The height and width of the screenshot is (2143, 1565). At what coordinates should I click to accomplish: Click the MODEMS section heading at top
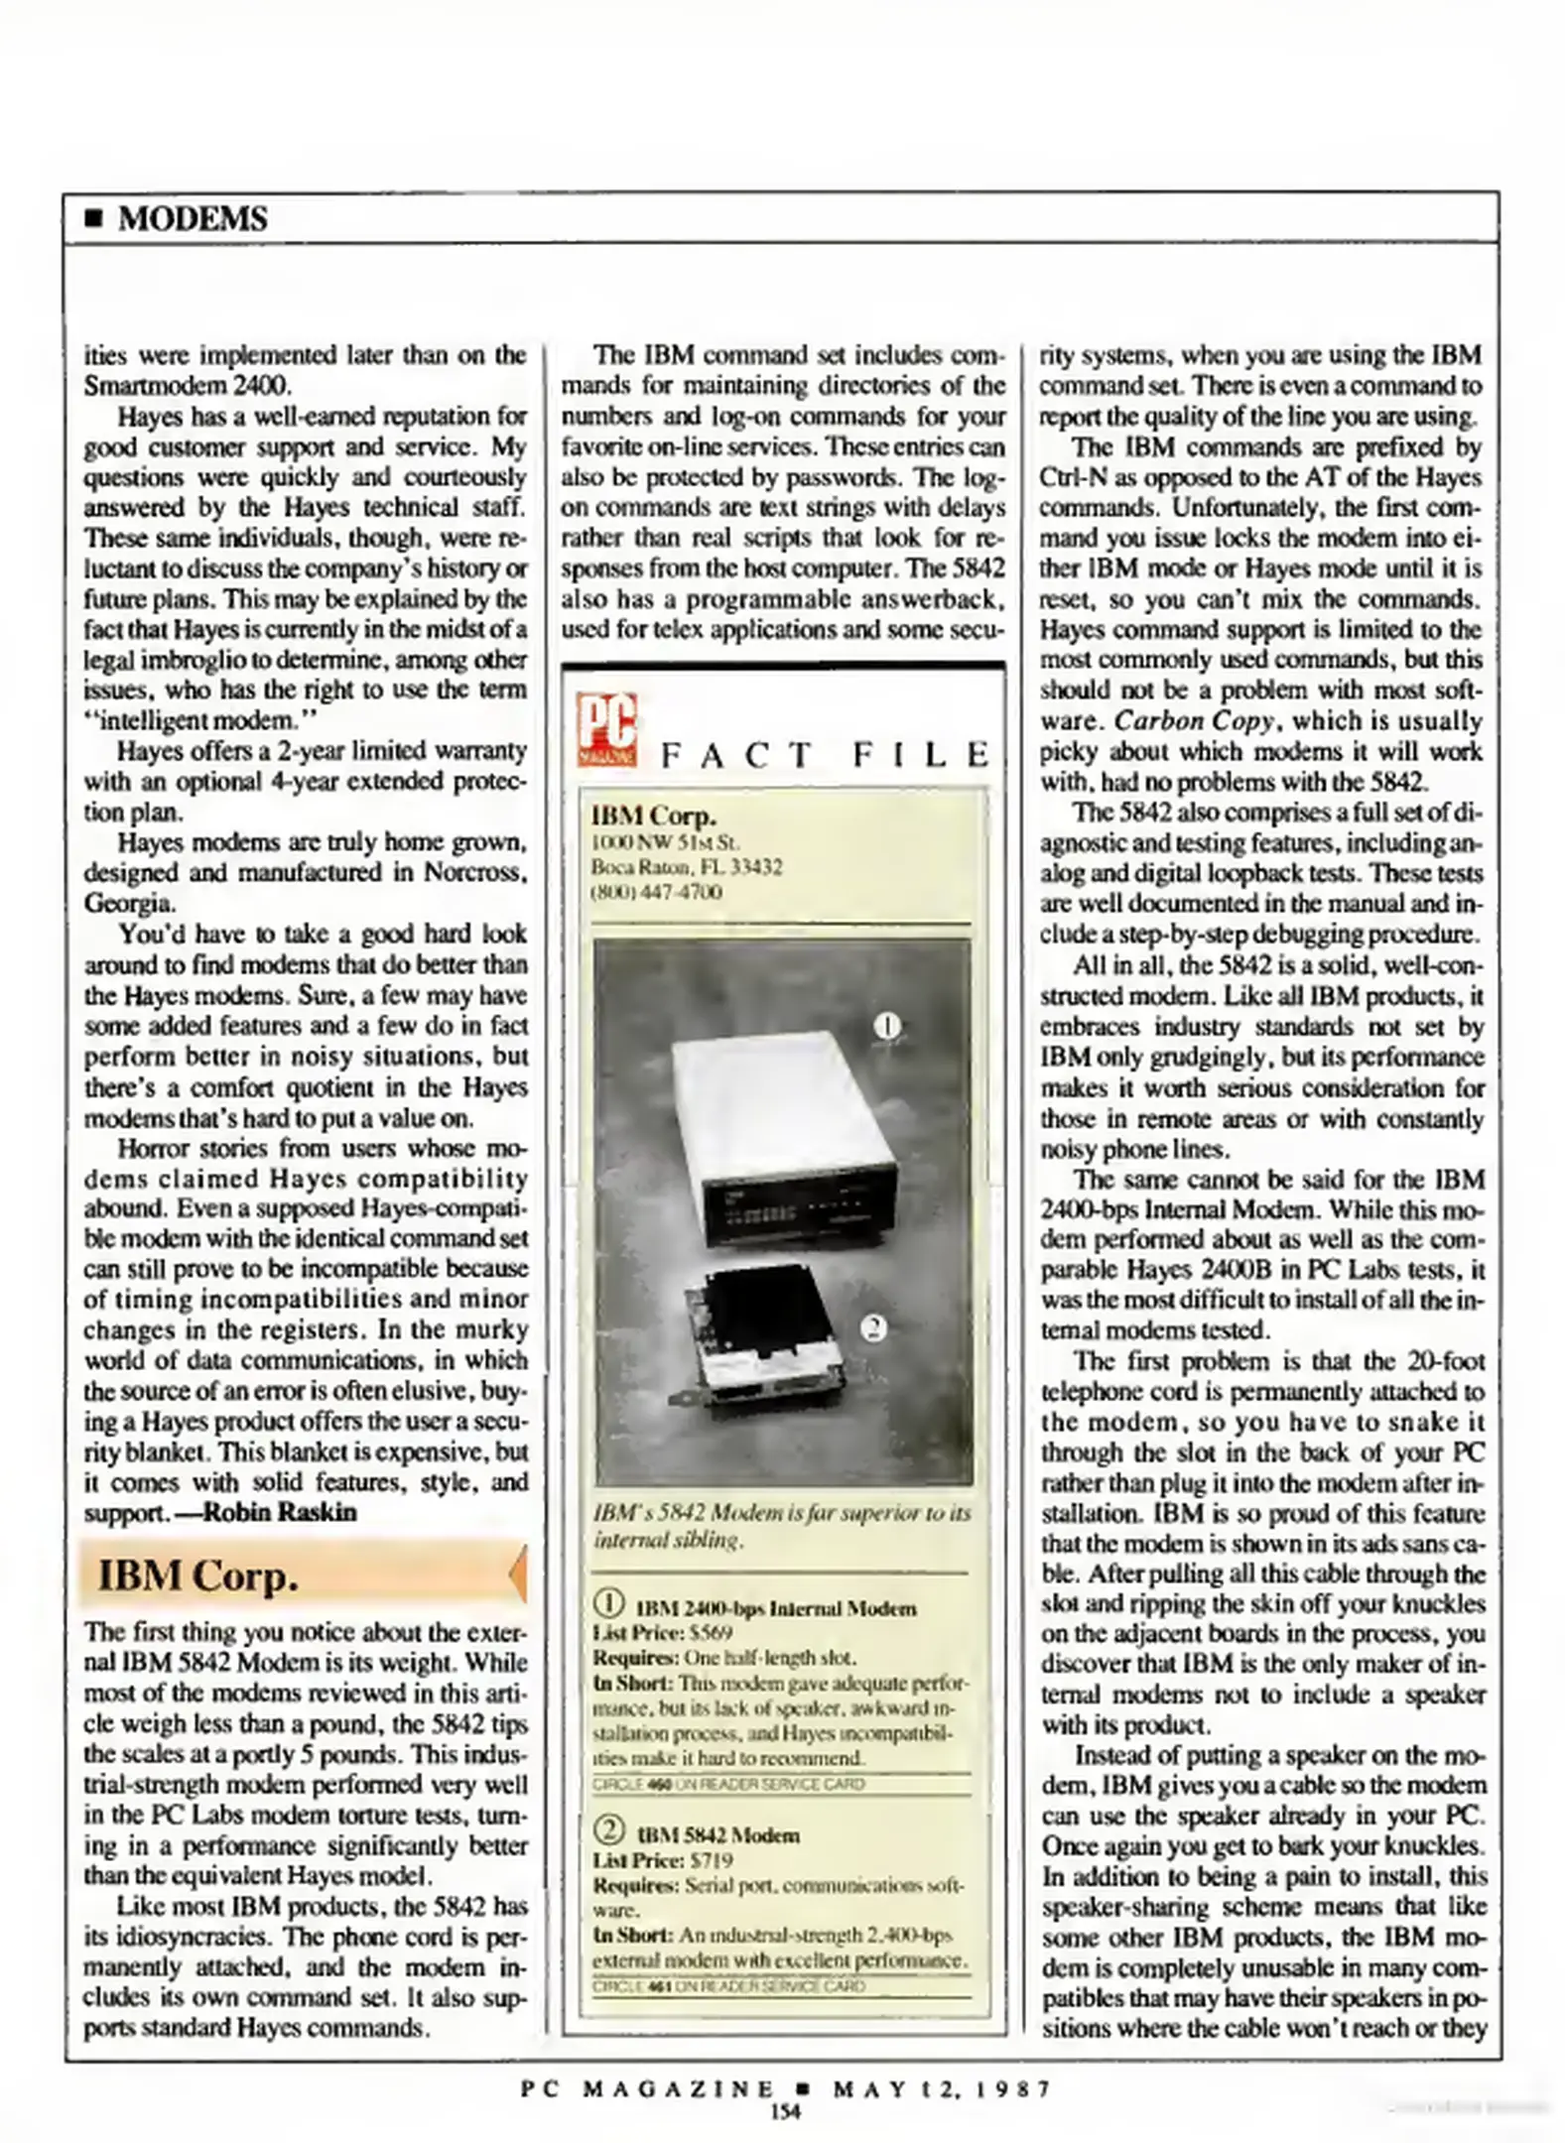coord(192,218)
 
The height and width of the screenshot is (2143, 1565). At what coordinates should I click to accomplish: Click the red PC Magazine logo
coord(606,730)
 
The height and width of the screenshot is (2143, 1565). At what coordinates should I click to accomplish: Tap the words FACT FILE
coord(825,756)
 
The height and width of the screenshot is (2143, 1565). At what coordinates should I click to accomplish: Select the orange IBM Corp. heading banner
coord(298,1575)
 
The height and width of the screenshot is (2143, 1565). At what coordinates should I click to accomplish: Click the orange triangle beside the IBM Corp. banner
coord(518,1575)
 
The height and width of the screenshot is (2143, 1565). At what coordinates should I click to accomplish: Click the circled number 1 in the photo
coord(886,1025)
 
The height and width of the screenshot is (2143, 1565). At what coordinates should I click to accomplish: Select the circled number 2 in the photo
coord(873,1327)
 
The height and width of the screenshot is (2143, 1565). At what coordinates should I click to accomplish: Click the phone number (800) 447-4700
coord(656,892)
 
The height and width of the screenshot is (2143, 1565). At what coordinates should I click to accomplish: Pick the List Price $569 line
coord(662,1632)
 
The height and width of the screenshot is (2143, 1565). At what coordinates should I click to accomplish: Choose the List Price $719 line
coord(662,1860)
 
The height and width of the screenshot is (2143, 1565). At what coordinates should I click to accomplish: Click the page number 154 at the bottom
coord(784,2111)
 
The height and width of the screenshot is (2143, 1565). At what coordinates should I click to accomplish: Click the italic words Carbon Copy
coord(1193,721)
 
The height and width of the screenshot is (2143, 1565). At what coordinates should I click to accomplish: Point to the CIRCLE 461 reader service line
coord(728,1986)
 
